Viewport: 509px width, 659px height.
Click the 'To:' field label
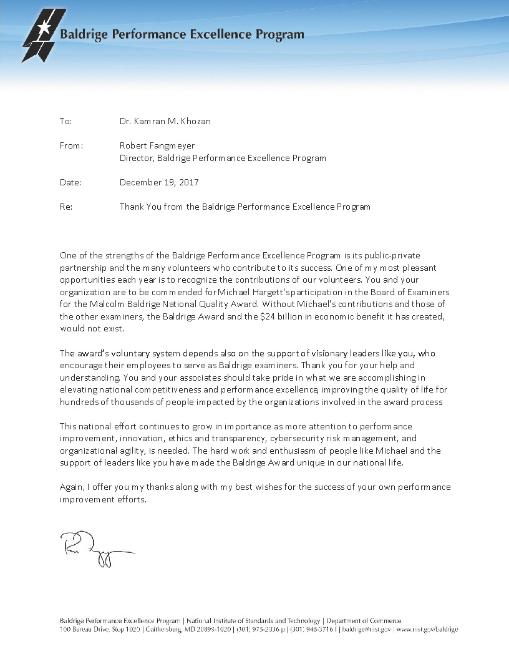65,121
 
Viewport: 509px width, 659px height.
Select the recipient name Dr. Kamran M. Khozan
165,121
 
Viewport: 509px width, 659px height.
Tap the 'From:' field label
71,145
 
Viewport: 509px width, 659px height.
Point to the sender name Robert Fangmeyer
157,145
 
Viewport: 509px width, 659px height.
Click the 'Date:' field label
70,182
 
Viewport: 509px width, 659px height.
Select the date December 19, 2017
159,182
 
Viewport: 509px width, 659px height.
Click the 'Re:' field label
66,207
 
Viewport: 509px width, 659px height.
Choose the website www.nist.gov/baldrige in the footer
427,630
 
